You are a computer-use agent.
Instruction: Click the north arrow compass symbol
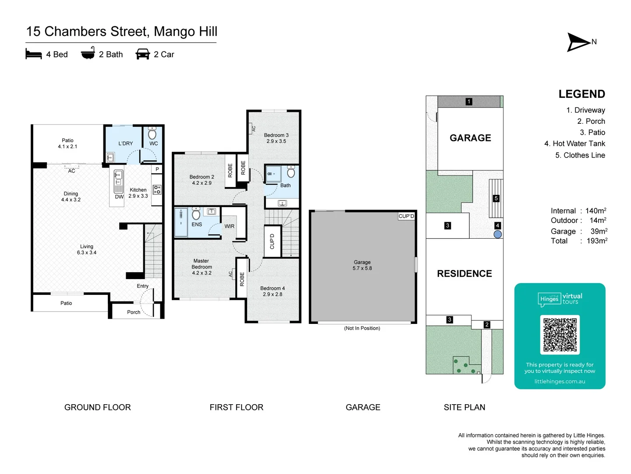578,42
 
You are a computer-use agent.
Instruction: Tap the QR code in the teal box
560,335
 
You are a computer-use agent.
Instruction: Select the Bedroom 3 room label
276,138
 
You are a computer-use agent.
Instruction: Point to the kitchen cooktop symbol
157,190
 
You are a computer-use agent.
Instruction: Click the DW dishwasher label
119,197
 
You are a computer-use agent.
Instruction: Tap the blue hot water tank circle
498,234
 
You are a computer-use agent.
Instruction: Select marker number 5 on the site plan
496,198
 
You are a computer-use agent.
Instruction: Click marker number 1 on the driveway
469,101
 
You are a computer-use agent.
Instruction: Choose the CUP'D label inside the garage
406,216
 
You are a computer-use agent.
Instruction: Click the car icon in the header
142,54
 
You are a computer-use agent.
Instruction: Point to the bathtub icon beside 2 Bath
88,53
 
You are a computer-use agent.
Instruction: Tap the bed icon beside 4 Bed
34,54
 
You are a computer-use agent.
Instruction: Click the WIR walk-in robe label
230,226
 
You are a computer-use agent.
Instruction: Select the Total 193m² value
597,241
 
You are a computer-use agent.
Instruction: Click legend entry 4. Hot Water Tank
574,144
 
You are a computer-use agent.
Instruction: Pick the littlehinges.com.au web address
560,381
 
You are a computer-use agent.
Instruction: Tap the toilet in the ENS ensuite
196,213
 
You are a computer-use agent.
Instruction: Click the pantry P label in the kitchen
157,169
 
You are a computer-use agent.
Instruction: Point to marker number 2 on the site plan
487,325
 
